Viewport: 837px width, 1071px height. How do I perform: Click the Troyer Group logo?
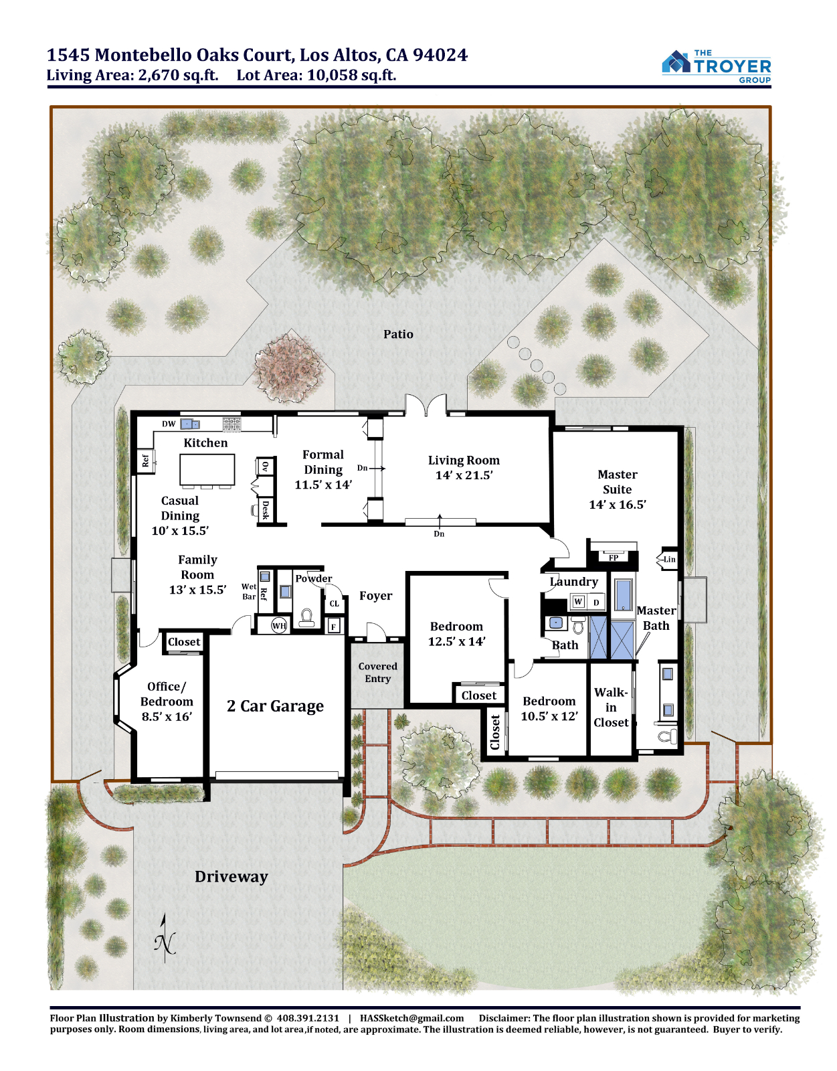click(x=716, y=66)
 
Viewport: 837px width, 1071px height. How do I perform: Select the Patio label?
click(x=398, y=334)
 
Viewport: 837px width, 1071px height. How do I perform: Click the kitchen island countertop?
click(x=207, y=470)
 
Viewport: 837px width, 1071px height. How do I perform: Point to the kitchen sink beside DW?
click(x=189, y=423)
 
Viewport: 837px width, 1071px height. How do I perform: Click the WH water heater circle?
click(x=279, y=627)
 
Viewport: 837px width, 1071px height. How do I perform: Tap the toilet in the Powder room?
click(x=306, y=618)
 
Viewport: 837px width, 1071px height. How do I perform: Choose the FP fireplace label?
click(x=614, y=558)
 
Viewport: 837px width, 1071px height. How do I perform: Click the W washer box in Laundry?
click(x=578, y=602)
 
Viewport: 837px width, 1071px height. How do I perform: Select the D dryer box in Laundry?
click(x=596, y=602)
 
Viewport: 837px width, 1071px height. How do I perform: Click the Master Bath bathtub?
click(x=624, y=595)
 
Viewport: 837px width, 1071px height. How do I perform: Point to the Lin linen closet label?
click(x=669, y=560)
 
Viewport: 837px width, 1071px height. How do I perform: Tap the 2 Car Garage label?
click(x=275, y=706)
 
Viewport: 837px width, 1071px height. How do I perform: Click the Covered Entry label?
click(x=378, y=672)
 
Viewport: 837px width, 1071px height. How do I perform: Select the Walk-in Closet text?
click(x=611, y=708)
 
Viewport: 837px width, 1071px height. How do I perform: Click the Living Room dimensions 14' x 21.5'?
click(x=464, y=475)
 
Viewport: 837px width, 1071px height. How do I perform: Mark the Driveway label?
click(x=231, y=876)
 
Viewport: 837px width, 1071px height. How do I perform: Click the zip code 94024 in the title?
click(x=440, y=55)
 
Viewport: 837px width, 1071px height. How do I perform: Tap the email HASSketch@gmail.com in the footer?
click(x=412, y=1017)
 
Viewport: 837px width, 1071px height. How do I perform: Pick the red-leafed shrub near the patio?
click(x=288, y=367)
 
